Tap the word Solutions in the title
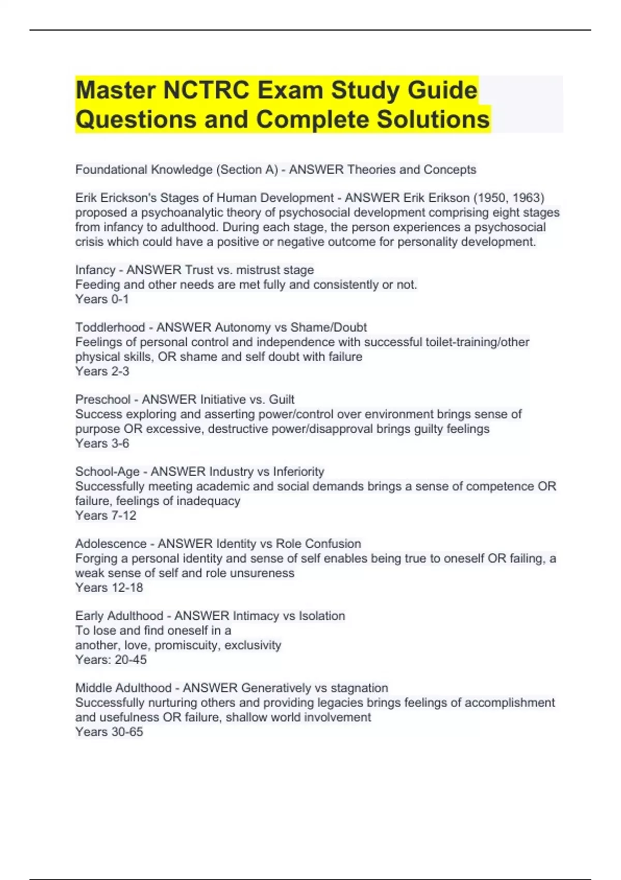coord(433,119)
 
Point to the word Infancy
coord(95,270)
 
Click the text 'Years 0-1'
coord(102,299)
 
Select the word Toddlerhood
coord(110,328)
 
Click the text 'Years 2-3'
coord(102,371)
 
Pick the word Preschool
coord(102,400)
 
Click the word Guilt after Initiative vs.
coord(282,400)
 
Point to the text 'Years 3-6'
coord(102,443)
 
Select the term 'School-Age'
coord(107,472)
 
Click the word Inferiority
coord(299,472)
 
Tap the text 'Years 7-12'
coord(106,516)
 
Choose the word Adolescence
coord(111,544)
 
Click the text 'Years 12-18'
coord(109,588)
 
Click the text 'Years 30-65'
coord(109,732)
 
